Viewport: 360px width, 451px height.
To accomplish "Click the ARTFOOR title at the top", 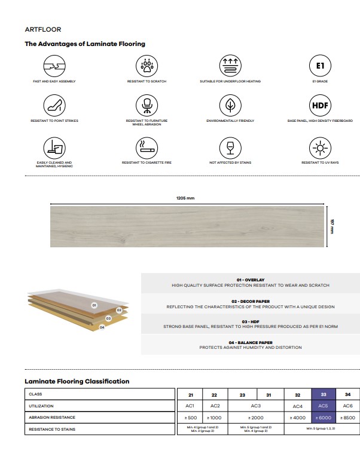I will click(x=43, y=29).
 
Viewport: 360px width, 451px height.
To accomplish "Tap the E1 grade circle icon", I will click(x=320, y=65).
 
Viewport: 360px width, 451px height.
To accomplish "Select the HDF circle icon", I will click(x=320, y=105).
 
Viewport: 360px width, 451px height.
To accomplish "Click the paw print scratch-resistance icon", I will click(x=146, y=65).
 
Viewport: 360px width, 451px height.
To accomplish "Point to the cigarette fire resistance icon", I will click(x=146, y=147).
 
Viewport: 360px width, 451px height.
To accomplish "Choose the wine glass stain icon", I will click(x=230, y=147).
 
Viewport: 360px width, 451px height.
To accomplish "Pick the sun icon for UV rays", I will click(x=320, y=147).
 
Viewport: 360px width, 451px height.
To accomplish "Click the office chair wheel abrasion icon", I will click(x=146, y=105).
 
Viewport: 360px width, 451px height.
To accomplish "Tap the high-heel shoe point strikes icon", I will click(x=54, y=105).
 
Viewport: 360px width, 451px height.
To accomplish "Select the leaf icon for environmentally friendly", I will click(x=230, y=105).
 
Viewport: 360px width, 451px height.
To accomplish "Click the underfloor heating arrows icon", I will click(x=230, y=65).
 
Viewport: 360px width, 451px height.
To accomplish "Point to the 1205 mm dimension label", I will click(x=187, y=198).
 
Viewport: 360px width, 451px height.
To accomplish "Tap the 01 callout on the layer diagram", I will click(x=94, y=305).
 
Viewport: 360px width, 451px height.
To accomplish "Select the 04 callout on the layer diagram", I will click(x=102, y=327).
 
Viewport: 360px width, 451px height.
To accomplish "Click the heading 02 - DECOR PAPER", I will click(x=250, y=301).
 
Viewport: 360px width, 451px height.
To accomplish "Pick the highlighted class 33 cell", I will click(x=324, y=394).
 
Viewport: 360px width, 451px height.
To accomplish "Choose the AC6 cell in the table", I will click(x=348, y=406).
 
